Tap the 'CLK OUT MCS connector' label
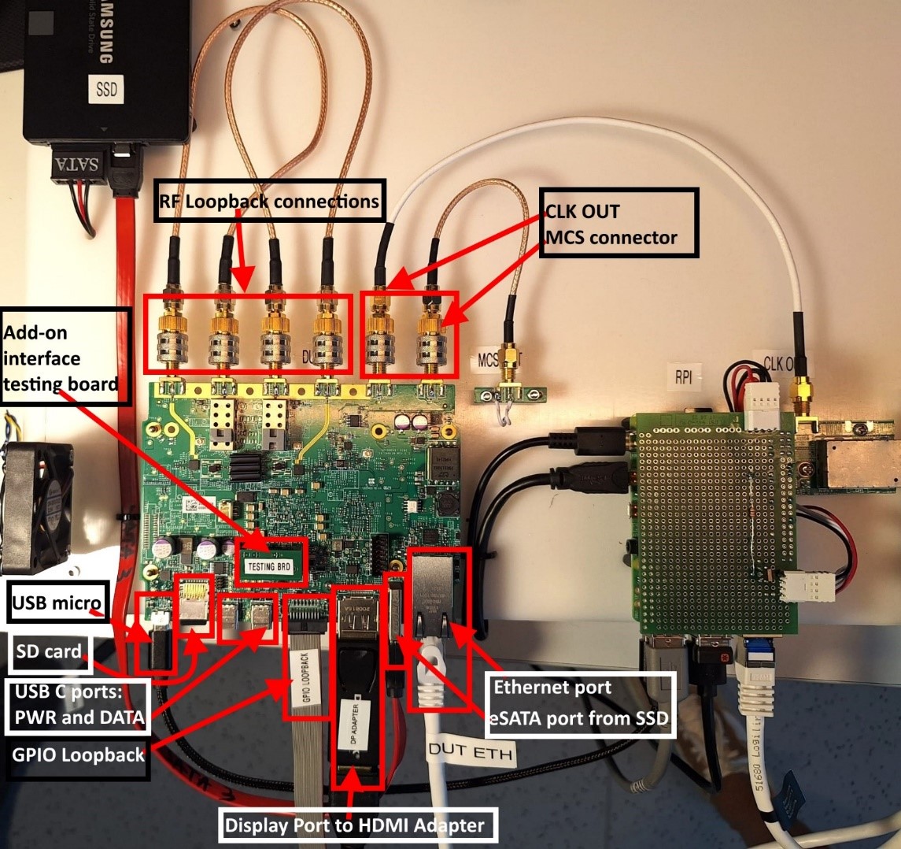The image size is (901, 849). click(618, 223)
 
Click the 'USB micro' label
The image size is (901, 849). click(55, 605)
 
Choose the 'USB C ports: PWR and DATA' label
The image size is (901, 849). click(79, 706)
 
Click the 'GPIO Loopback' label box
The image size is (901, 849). click(78, 754)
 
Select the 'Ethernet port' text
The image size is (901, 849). click(552, 687)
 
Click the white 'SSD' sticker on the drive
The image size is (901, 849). click(106, 89)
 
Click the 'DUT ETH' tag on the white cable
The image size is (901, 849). click(471, 753)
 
